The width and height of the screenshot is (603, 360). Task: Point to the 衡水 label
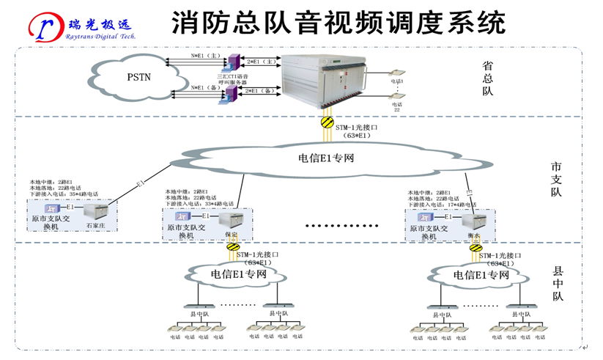[473, 235]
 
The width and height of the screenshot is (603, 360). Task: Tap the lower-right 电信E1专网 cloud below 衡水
[481, 274]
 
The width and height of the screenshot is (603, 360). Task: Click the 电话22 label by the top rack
[397, 108]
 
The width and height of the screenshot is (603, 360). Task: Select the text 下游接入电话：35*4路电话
[64, 194]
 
